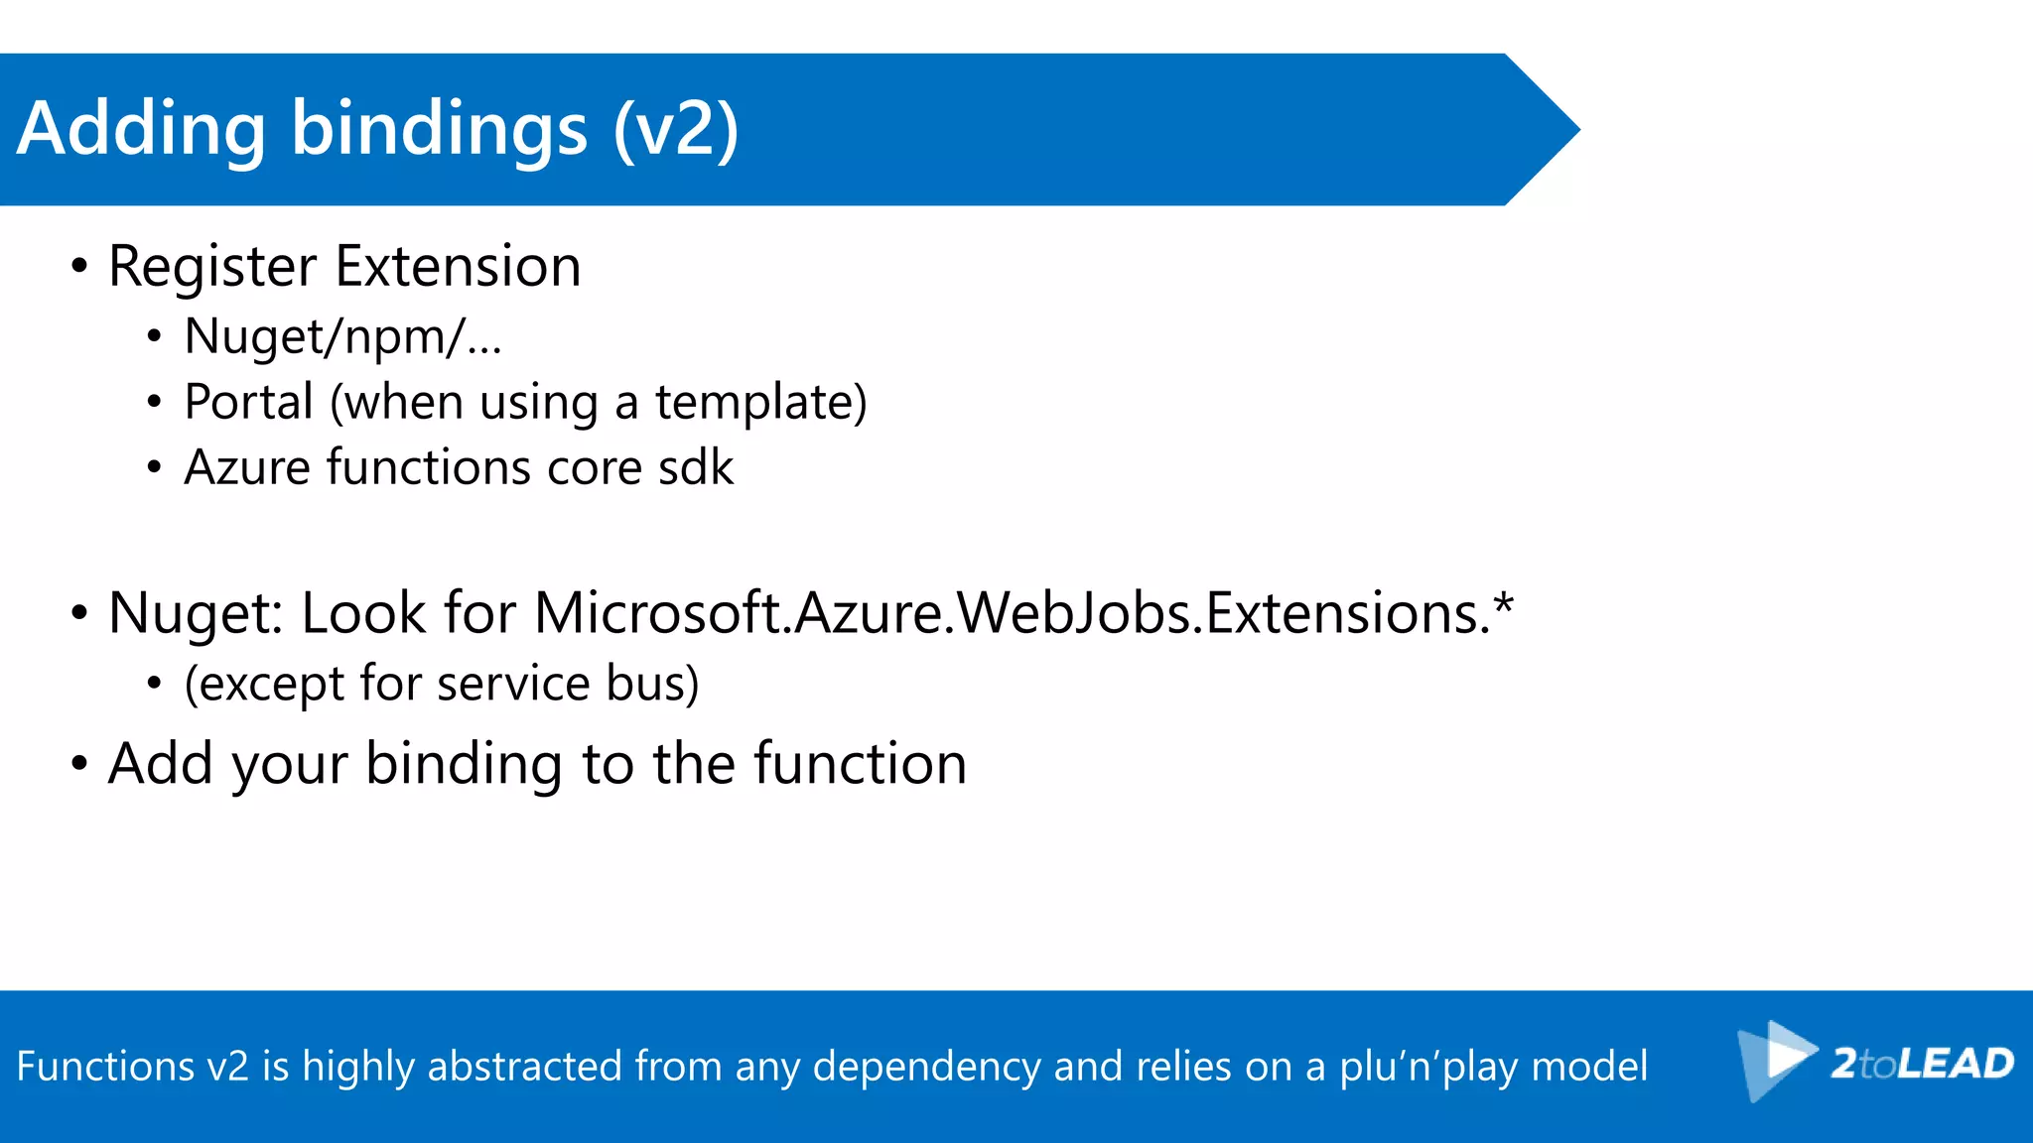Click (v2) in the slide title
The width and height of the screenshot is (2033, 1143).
(x=676, y=130)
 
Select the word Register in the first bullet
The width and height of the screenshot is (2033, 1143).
(x=212, y=267)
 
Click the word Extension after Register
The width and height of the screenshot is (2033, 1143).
(x=458, y=267)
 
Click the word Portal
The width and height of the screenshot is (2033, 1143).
(x=248, y=403)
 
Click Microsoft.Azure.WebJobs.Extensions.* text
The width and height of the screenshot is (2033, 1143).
(x=1022, y=613)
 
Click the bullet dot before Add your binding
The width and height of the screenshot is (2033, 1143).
(x=79, y=765)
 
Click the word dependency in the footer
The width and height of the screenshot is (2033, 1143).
(x=927, y=1067)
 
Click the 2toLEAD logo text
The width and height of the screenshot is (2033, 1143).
(x=1922, y=1064)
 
